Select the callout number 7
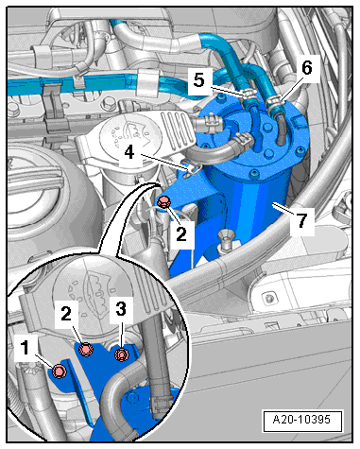click(x=301, y=221)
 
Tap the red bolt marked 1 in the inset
click(x=58, y=371)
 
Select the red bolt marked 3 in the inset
click(x=121, y=354)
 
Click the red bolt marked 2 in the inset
click(x=87, y=352)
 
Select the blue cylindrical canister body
click(x=248, y=203)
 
